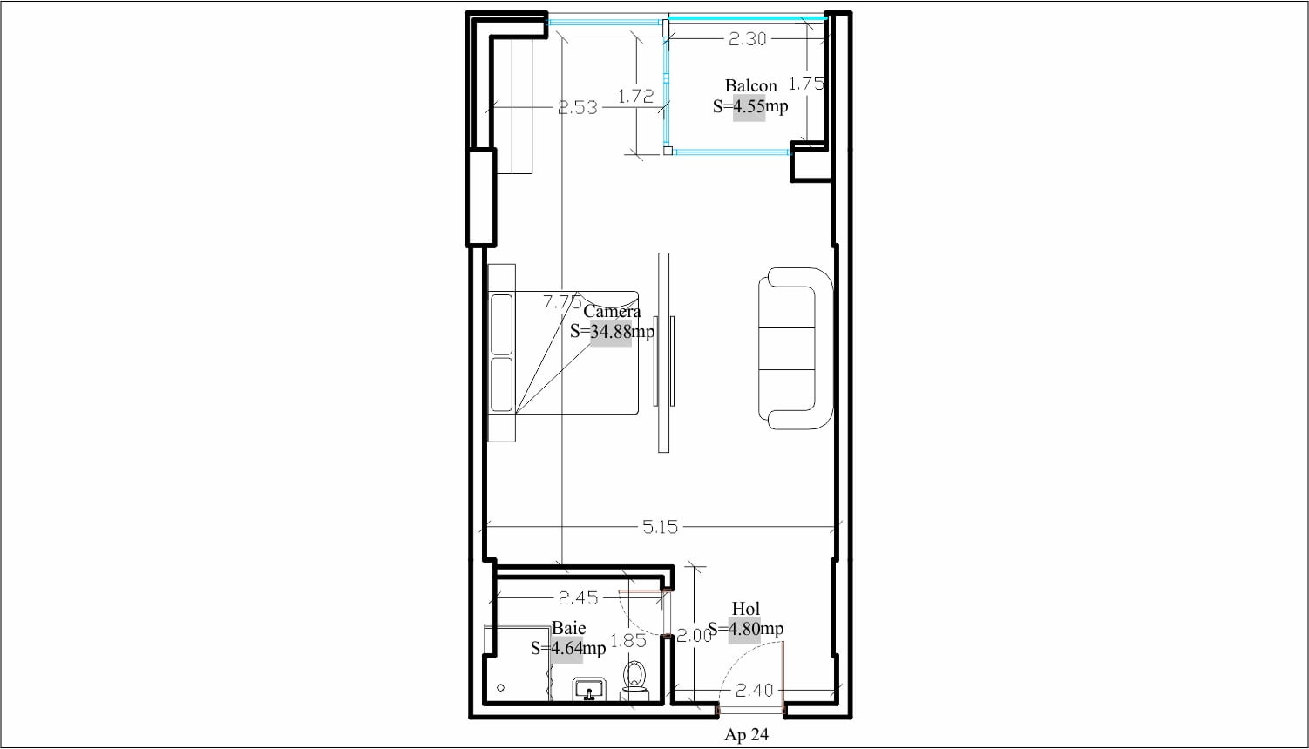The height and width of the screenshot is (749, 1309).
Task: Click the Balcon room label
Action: pyautogui.click(x=750, y=86)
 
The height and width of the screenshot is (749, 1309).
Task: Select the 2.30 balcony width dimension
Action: pyautogui.click(x=748, y=39)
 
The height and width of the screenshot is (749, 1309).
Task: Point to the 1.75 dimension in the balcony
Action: pyautogui.click(x=806, y=84)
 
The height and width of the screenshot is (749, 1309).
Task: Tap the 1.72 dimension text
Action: pyautogui.click(x=636, y=97)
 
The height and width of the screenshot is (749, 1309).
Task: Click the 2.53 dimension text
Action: pyautogui.click(x=578, y=107)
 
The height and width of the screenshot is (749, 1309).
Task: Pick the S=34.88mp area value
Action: pyautogui.click(x=612, y=332)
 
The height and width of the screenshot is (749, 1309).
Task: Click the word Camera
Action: pyautogui.click(x=612, y=311)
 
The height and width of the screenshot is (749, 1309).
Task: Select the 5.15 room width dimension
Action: pyautogui.click(x=661, y=527)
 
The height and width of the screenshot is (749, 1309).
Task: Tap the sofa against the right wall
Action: pyautogui.click(x=796, y=348)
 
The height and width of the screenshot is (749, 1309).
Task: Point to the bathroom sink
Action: pyautogui.click(x=589, y=690)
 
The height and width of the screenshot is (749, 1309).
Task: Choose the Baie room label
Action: pyautogui.click(x=568, y=628)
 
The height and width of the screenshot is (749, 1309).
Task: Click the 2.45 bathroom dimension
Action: pyautogui.click(x=579, y=597)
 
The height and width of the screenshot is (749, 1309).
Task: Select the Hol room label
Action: pyautogui.click(x=746, y=609)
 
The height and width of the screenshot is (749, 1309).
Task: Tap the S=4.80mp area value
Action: pyautogui.click(x=746, y=629)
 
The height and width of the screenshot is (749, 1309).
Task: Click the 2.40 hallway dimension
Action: pyautogui.click(x=755, y=692)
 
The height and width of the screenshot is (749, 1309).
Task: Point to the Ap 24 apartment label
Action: pyautogui.click(x=746, y=734)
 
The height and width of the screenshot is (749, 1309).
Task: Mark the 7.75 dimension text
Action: pyautogui.click(x=562, y=302)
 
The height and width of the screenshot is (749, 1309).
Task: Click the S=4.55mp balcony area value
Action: pyautogui.click(x=750, y=106)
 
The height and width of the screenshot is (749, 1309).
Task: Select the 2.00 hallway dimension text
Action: pyautogui.click(x=695, y=636)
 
